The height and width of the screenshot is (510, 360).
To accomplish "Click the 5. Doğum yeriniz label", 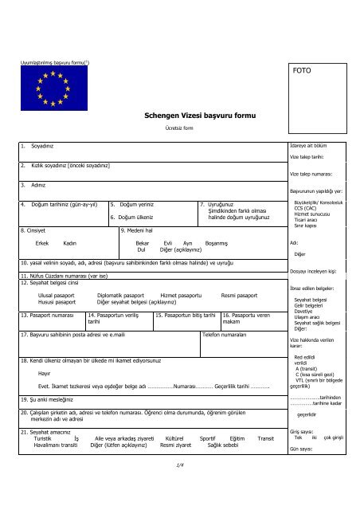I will click(x=133, y=204).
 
